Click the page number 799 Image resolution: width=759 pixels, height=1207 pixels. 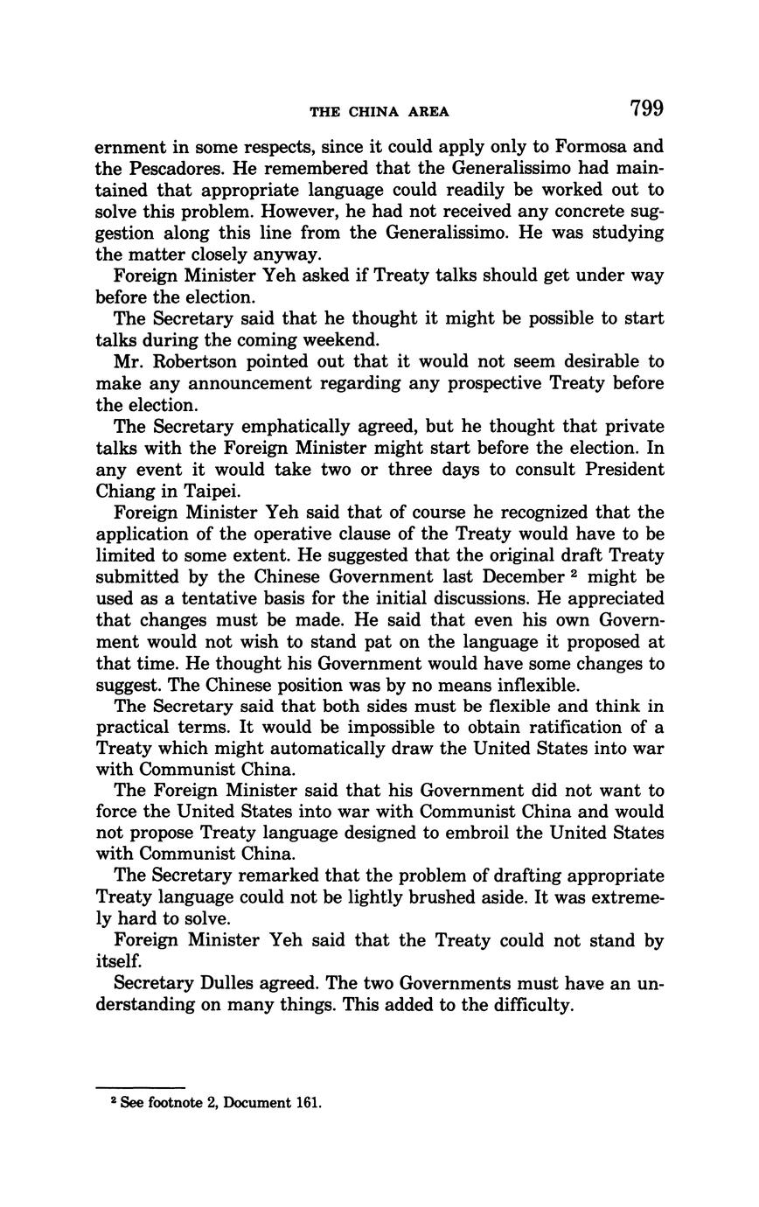click(x=645, y=109)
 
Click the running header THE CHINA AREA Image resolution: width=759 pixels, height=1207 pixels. click(x=379, y=112)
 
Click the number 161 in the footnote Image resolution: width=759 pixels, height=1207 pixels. click(x=309, y=1103)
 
